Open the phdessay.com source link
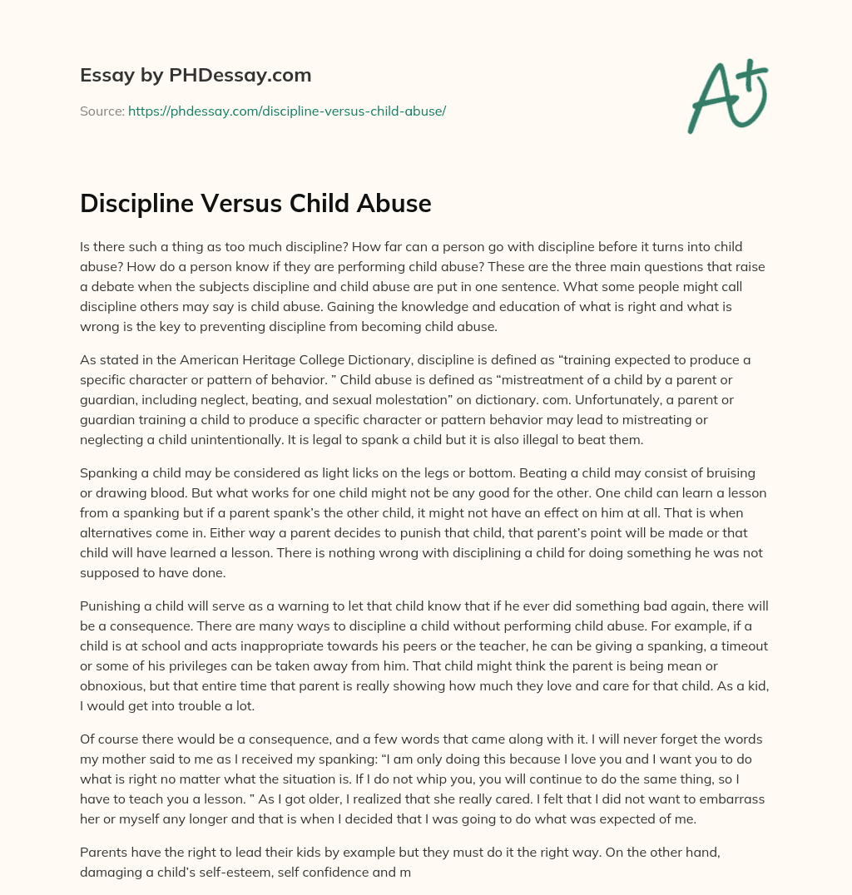[x=287, y=111]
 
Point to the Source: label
[x=102, y=111]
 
